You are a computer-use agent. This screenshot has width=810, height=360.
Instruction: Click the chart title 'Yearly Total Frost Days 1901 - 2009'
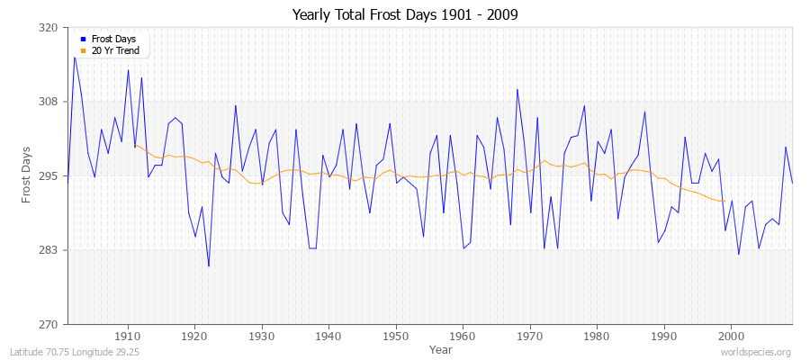(405, 15)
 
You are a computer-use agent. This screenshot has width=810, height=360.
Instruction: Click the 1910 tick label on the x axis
(128, 335)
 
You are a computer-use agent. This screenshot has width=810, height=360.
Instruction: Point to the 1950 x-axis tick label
(396, 335)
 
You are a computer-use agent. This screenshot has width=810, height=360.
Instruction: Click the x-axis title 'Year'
(441, 348)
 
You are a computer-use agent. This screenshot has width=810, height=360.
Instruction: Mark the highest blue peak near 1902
(75, 57)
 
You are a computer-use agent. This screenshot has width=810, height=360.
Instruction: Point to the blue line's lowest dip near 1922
(209, 266)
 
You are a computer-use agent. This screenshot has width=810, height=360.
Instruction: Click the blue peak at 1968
(517, 89)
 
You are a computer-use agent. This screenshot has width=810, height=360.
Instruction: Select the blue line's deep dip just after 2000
(739, 254)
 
